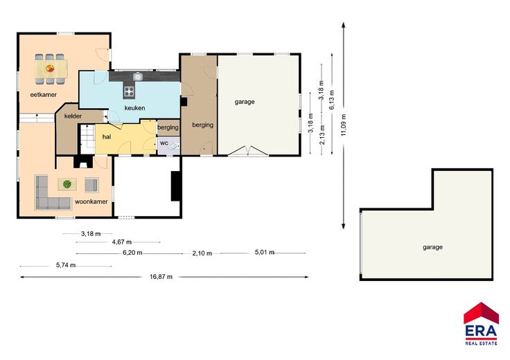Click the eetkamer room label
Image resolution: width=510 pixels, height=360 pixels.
pyautogui.click(x=43, y=95)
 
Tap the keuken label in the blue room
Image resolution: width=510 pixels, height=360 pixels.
pyautogui.click(x=134, y=108)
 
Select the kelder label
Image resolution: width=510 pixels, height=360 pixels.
pyautogui.click(x=73, y=116)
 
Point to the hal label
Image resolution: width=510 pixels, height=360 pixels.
pyautogui.click(x=107, y=137)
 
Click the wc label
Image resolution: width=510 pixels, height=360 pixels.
pyautogui.click(x=164, y=143)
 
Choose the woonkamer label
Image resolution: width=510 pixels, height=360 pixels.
pyautogui.click(x=91, y=201)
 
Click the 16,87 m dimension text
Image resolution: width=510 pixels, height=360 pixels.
pyautogui.click(x=161, y=277)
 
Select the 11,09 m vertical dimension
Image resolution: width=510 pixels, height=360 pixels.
pyautogui.click(x=344, y=125)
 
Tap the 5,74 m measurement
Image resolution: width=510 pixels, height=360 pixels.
pyautogui.click(x=66, y=265)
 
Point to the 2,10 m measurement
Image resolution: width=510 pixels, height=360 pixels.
pyautogui.click(x=202, y=253)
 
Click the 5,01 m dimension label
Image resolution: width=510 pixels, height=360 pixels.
pyautogui.click(x=265, y=252)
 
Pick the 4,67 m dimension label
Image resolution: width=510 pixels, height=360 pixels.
pyautogui.click(x=122, y=242)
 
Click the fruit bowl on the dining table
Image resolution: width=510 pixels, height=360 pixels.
pyautogui.click(x=50, y=69)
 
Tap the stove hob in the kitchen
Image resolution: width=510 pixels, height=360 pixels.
pyautogui.click(x=129, y=91)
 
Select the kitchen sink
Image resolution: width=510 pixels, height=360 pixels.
pyautogui.click(x=138, y=76)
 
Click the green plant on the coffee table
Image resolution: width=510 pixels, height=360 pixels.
pyautogui.click(x=67, y=184)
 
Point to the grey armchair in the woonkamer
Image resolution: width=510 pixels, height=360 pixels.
pyautogui.click(x=91, y=185)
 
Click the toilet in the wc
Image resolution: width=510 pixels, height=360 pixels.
pyautogui.click(x=174, y=147)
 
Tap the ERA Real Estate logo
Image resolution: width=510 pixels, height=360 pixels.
pyautogui.click(x=481, y=323)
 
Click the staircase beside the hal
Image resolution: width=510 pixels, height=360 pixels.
pyautogui.click(x=87, y=138)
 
